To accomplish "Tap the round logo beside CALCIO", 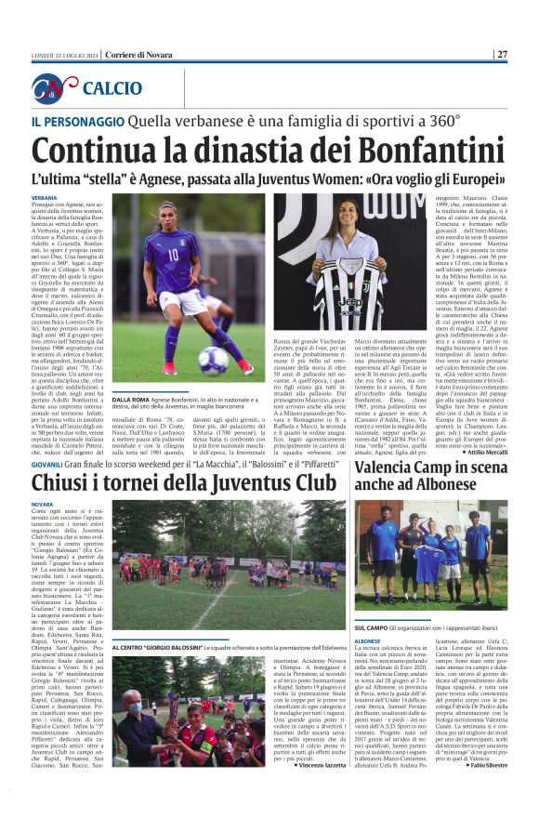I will click(55, 88).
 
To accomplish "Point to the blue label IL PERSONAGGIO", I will click(73, 121).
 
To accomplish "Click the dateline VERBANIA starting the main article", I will click(44, 198).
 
